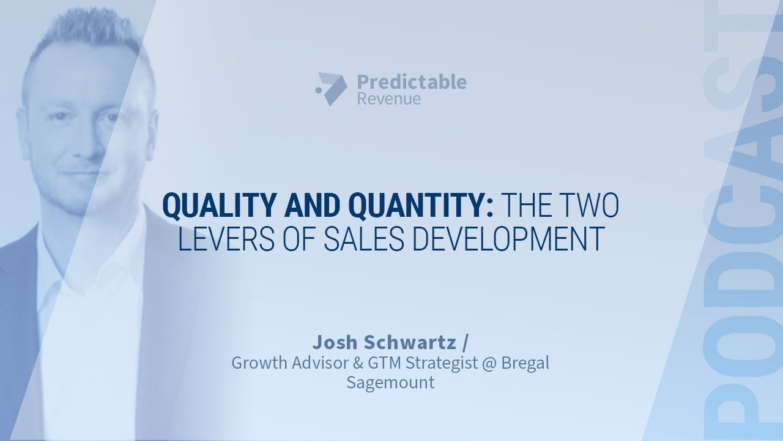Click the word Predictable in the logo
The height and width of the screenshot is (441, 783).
pos(411,81)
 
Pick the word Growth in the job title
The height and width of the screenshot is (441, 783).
pos(258,363)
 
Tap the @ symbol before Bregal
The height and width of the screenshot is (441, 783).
pos(486,363)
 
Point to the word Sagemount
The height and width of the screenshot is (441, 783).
pos(390,383)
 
